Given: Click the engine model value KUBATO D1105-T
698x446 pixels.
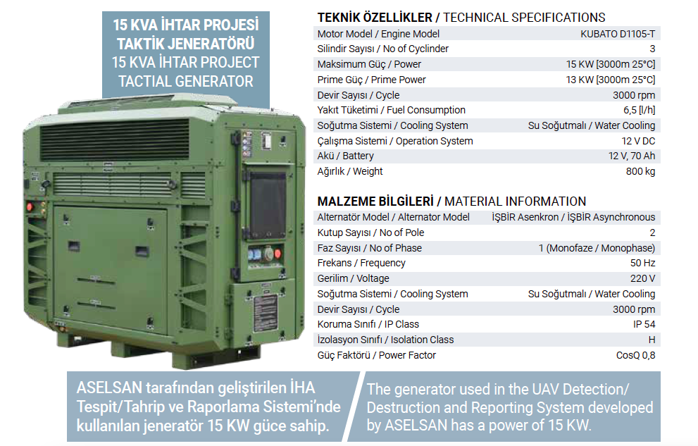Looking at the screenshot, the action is click(618, 34).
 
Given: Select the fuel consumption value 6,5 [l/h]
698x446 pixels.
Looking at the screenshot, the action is click(640, 110).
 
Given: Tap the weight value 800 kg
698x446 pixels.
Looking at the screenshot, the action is click(640, 171).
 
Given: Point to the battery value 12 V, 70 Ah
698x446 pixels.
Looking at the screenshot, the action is click(632, 156).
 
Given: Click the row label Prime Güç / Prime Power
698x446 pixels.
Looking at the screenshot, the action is click(371, 80).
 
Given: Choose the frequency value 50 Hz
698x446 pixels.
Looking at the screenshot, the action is click(643, 263).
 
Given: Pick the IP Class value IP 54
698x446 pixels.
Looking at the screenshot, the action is click(644, 324).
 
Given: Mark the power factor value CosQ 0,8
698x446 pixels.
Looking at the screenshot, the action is click(636, 355).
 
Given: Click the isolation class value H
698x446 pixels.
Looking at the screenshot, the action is click(652, 340).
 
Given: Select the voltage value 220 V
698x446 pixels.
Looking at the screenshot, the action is click(643, 278).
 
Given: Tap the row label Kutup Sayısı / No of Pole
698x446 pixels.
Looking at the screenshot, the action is click(370, 233).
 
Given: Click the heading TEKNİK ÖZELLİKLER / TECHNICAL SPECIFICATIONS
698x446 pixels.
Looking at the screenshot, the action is click(461, 18).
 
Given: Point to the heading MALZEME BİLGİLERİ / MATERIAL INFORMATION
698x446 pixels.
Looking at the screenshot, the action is click(451, 202).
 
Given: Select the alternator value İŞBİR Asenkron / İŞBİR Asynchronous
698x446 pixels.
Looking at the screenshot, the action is click(573, 217).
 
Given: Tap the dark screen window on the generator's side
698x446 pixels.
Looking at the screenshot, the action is click(268, 206).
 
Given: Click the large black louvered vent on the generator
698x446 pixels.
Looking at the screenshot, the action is click(114, 140).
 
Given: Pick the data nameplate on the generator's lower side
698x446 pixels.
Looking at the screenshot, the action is click(266, 314).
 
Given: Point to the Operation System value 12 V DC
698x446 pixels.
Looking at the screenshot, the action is click(638, 141).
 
